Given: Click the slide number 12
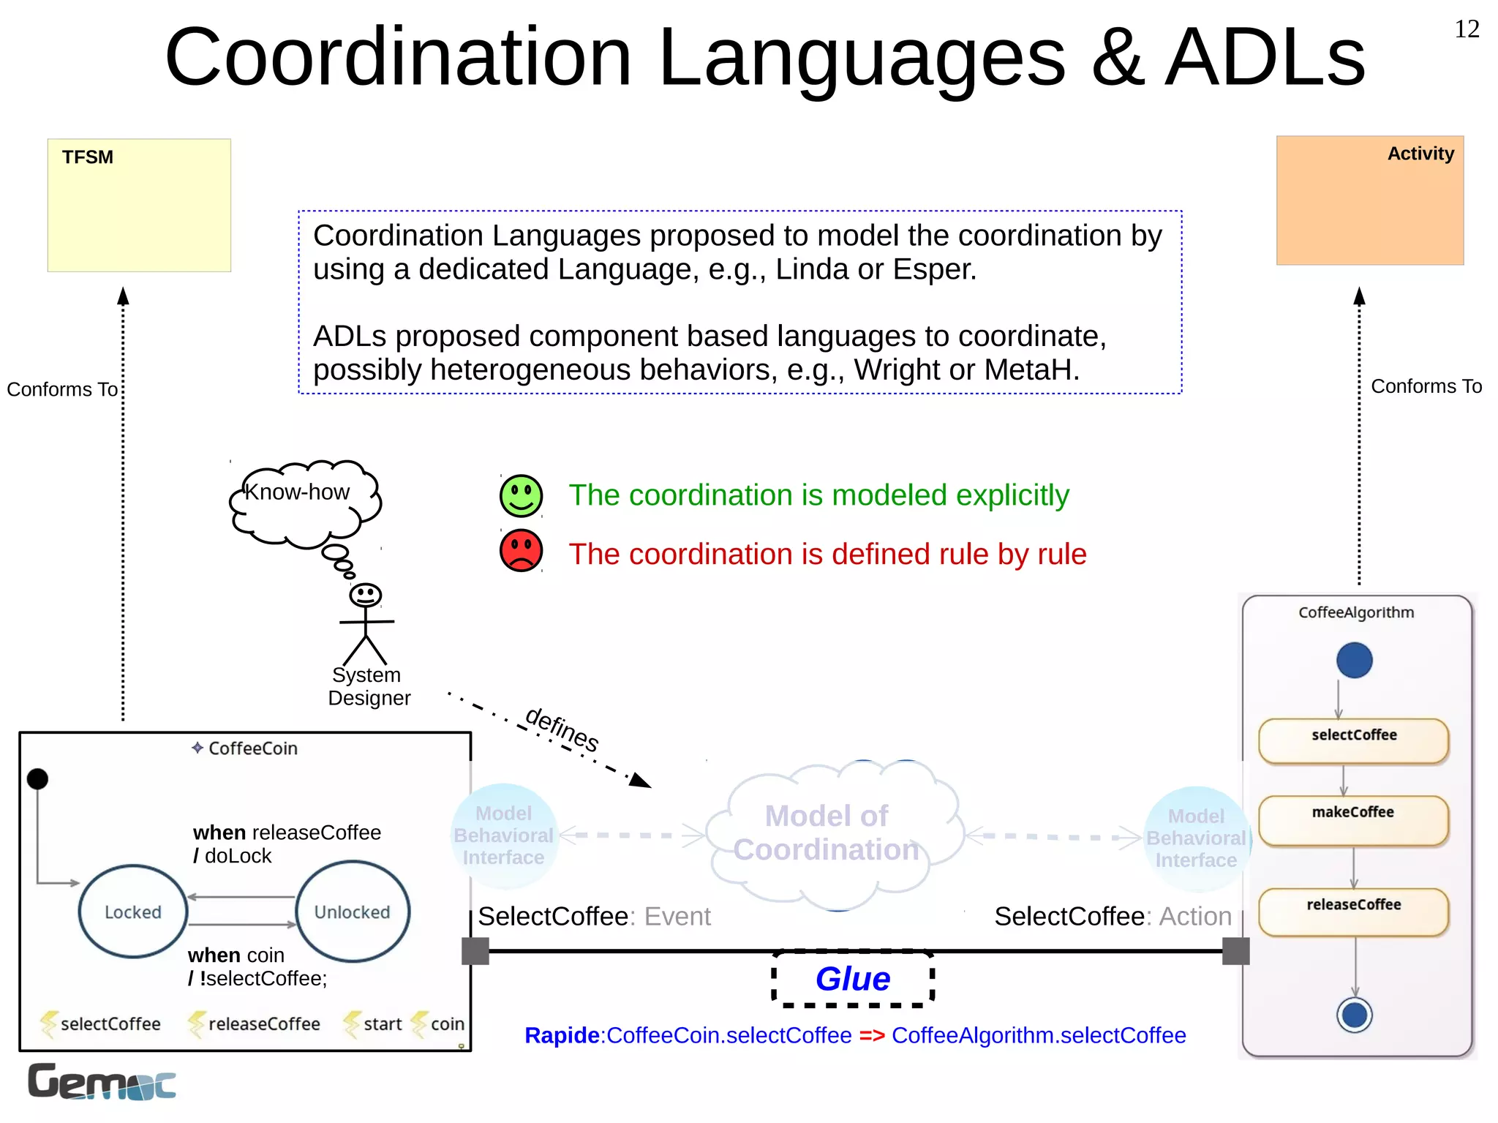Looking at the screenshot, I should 1467,29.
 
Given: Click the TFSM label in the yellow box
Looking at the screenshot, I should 87,157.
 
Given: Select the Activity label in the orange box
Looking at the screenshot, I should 1420,154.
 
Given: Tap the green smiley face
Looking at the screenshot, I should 521,495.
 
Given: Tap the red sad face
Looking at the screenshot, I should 521,551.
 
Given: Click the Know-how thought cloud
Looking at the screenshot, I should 304,502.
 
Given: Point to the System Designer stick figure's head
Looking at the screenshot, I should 365,595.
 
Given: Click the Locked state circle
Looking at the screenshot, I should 133,912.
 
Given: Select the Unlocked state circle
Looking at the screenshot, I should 353,912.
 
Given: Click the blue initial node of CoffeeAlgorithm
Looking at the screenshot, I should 1354,660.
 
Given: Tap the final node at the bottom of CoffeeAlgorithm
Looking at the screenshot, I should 1354,1015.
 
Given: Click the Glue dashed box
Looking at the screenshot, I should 853,979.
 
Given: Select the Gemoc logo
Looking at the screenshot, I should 102,1082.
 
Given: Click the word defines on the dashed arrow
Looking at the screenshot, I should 562,729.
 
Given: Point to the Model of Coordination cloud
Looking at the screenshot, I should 830,834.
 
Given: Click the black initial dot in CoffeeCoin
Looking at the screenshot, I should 37,779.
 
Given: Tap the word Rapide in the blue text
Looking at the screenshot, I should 561,1036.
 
